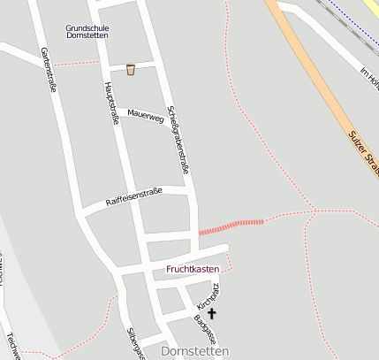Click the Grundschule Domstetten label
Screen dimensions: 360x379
tap(87, 31)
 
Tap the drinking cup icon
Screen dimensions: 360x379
tap(131, 69)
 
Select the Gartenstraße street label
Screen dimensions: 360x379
tap(49, 71)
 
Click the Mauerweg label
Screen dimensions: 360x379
tap(146, 114)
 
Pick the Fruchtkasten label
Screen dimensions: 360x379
tap(193, 268)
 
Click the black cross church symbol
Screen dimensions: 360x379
tap(211, 312)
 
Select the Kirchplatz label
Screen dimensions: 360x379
tap(208, 292)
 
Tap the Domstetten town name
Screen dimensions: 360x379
tap(195, 351)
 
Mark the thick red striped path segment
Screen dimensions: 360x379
tap(231, 226)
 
